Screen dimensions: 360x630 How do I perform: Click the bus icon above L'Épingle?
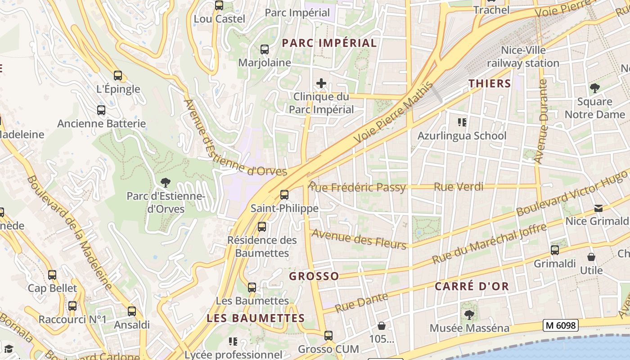pos(118,76)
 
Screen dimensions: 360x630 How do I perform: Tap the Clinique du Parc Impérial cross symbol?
pos(321,83)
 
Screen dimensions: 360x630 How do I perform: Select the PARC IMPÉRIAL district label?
pos(329,43)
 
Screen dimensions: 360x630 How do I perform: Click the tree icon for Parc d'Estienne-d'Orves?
pos(166,182)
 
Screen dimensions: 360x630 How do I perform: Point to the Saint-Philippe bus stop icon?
pos(284,195)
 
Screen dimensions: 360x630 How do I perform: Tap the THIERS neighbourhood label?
pos(490,84)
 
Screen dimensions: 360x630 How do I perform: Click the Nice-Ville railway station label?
pos(523,57)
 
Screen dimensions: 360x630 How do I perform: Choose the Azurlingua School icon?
pos(462,122)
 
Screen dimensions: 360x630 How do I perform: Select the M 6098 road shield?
pos(560,325)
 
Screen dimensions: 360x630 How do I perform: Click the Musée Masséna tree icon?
pos(469,315)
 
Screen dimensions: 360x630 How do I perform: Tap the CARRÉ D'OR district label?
pos(472,286)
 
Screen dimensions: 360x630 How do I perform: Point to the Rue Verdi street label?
pos(459,187)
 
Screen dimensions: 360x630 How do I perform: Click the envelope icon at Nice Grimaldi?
pos(598,208)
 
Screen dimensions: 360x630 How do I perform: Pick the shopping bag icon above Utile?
pos(591,257)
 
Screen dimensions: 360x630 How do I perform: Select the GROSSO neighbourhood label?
pos(314,276)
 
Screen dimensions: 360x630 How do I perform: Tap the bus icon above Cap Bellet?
pos(52,274)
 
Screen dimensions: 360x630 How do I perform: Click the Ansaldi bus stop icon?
pos(132,311)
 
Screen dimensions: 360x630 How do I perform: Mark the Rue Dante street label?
pos(361,302)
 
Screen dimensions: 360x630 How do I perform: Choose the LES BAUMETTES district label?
pos(256,318)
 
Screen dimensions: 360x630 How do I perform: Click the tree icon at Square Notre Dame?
pos(595,88)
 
